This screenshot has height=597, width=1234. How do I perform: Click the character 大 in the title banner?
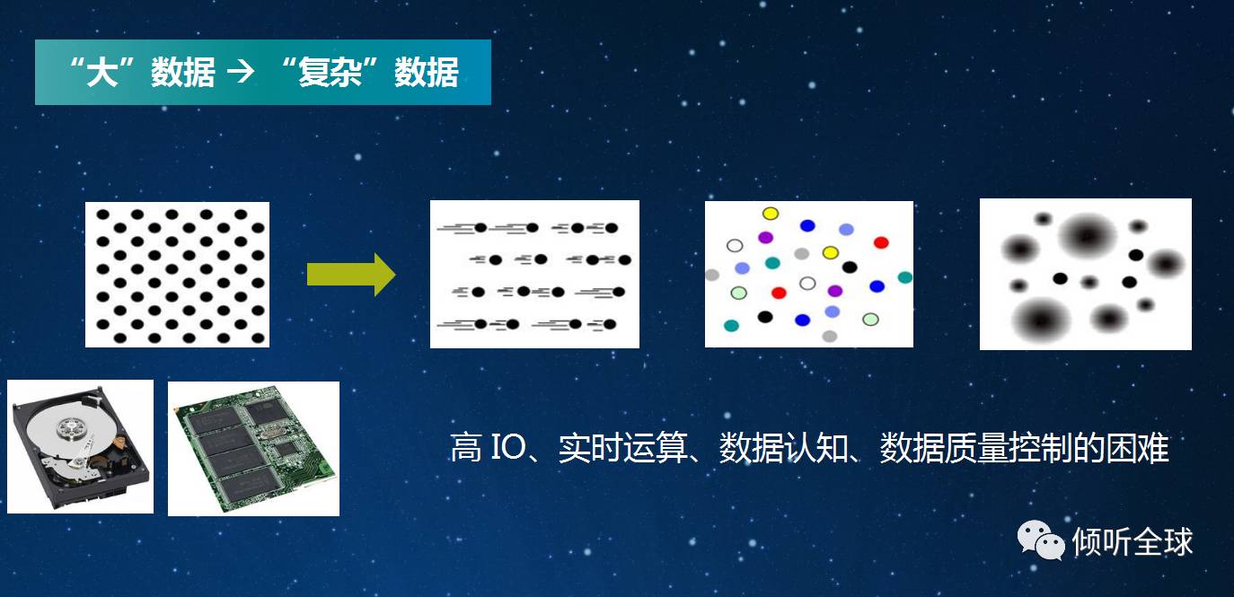[101, 72]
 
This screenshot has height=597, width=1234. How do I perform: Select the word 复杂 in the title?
[330, 72]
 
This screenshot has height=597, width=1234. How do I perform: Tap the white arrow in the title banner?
[241, 72]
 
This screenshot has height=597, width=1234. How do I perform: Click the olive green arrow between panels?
[351, 275]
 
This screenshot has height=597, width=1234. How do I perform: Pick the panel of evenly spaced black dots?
[178, 275]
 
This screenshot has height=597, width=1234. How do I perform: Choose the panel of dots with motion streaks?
[534, 275]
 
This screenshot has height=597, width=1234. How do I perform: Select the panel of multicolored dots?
[808, 275]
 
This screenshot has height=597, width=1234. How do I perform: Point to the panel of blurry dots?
[1085, 275]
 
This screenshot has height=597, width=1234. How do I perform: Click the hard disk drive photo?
[81, 447]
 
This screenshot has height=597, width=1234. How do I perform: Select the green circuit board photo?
[253, 449]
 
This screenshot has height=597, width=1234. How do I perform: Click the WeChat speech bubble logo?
[1041, 540]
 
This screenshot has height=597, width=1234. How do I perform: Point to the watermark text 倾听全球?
[1133, 541]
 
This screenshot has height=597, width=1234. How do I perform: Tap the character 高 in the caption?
[466, 447]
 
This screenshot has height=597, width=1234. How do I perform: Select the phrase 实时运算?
[623, 447]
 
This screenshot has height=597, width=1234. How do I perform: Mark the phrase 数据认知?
[784, 447]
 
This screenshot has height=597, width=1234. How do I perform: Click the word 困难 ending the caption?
[1137, 447]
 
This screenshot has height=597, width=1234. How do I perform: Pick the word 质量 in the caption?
[977, 447]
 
